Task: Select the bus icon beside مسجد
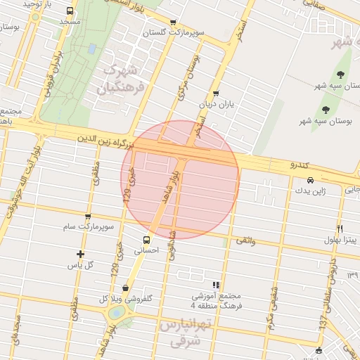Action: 70,11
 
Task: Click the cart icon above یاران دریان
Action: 215,93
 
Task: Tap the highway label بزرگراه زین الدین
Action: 105,143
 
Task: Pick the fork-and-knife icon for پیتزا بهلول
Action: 340,229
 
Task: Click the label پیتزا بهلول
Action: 340,240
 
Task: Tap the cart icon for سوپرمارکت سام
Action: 87,217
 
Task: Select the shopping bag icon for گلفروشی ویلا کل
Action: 125,287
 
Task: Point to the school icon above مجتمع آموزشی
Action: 216,285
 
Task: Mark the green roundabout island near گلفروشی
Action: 117,311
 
